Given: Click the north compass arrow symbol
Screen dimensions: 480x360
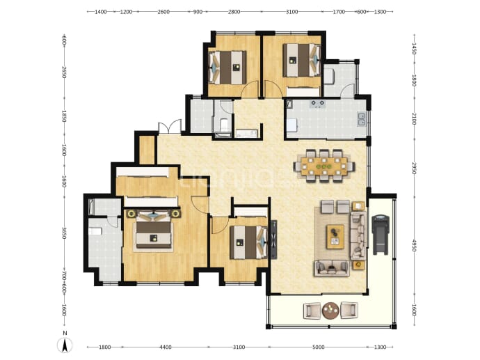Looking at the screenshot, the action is click(65, 345).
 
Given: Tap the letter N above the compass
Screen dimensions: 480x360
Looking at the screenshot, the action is click(65, 333).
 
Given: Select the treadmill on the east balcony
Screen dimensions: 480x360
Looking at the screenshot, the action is click(381, 235).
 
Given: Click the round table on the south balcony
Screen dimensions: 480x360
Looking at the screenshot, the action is click(330, 311).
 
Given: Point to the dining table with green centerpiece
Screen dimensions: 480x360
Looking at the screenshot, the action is click(324, 166).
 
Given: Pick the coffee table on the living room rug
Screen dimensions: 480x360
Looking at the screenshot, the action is click(335, 237).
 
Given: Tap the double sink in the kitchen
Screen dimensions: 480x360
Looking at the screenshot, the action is click(362, 119).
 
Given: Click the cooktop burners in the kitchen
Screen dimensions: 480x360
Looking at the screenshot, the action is click(317, 104).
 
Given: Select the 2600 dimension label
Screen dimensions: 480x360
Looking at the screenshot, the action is click(163, 12).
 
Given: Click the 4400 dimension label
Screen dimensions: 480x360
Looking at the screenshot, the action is click(166, 347).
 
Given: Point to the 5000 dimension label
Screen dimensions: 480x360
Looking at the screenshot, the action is click(319, 347).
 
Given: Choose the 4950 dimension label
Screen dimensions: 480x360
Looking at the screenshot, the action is click(414, 246).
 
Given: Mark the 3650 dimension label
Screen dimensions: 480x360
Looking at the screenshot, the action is click(64, 233).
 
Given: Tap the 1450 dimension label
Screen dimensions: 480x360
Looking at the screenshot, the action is click(414, 49).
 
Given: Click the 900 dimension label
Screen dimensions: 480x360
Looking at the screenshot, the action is click(198, 12).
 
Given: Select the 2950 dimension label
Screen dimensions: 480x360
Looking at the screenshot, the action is click(414, 169).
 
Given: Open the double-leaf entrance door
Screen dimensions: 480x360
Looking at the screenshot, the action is click(169, 127).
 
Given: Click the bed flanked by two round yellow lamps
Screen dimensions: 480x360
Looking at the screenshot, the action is click(153, 228).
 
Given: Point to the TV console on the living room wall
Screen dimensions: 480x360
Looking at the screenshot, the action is click(273, 240).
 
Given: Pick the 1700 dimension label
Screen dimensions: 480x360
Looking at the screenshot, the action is click(339, 12).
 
